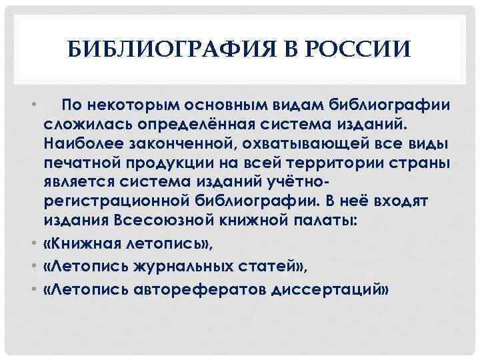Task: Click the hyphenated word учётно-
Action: point(300,182)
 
